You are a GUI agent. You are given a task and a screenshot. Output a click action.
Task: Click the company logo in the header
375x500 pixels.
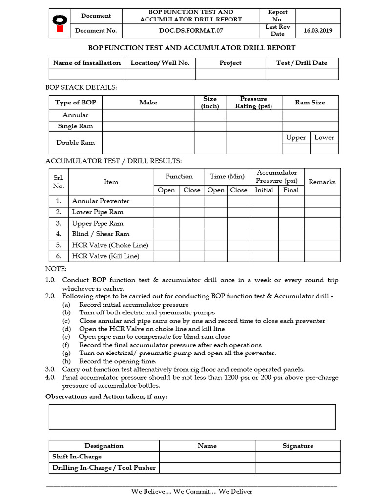tap(59, 23)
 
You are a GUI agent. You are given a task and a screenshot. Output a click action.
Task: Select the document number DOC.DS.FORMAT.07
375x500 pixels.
tap(190, 31)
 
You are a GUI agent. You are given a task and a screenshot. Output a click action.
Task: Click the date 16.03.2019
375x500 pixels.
tap(317, 31)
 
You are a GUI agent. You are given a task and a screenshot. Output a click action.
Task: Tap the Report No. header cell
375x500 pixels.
tap(277, 16)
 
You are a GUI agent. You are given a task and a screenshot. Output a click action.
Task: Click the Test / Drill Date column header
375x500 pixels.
tap(302, 63)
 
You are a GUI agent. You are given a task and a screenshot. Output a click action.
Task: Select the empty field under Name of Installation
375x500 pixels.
tap(86, 74)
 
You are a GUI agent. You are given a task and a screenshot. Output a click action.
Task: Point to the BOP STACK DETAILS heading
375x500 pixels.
tap(81, 88)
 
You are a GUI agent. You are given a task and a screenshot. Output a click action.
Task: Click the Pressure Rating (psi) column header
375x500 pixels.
tap(253, 103)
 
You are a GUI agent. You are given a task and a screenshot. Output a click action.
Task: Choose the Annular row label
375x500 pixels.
tap(76, 115)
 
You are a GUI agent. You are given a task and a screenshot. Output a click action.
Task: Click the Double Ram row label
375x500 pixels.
tap(76, 143)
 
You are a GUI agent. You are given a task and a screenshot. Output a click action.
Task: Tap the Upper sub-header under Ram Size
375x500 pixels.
tap(296, 138)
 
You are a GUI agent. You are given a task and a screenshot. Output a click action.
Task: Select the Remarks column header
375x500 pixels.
tap(322, 182)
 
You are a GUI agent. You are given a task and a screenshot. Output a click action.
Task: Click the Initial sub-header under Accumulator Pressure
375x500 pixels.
tap(264, 190)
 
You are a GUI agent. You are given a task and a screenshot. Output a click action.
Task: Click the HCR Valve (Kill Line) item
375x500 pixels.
tap(105, 256)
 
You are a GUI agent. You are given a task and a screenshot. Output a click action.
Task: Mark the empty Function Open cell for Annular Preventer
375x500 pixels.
tap(167, 201)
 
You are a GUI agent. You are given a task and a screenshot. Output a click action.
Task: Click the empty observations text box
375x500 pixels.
tap(192, 417)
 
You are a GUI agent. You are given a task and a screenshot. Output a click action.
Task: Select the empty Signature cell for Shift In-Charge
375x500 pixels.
tap(298, 457)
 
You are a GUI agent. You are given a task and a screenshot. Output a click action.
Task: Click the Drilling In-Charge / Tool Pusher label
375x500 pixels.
tap(104, 468)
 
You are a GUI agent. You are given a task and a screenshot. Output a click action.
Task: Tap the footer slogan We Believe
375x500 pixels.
tap(191, 491)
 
